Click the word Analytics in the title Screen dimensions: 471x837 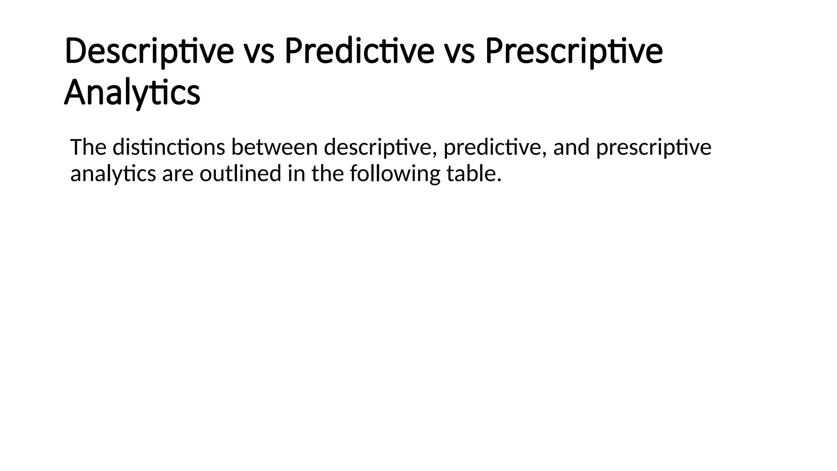pyautogui.click(x=132, y=92)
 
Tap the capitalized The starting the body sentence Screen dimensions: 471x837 pyautogui.click(x=88, y=147)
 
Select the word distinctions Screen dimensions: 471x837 pyautogui.click(x=169, y=147)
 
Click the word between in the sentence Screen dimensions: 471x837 pyautogui.click(x=274, y=147)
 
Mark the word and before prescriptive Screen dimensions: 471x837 pyautogui.click(x=571, y=147)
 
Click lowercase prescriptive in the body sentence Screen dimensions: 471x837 pyautogui.click(x=653, y=148)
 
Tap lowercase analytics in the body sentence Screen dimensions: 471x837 pyautogui.click(x=113, y=174)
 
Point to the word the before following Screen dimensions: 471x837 pyautogui.click(x=327, y=173)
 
